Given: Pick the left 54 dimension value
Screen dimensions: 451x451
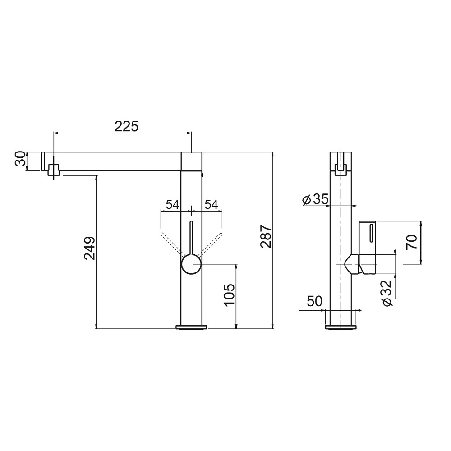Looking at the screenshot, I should click(172, 204).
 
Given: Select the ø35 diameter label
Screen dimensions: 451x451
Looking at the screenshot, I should click(315, 199).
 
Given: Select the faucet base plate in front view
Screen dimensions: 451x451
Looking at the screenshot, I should click(191, 327).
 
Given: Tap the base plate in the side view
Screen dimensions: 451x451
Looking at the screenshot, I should click(341, 327).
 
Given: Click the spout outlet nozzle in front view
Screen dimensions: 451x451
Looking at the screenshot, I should click(54, 170).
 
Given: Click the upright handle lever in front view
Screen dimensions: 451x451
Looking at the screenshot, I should click(191, 237).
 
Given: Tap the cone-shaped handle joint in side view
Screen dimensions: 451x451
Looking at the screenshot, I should click(351, 264).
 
